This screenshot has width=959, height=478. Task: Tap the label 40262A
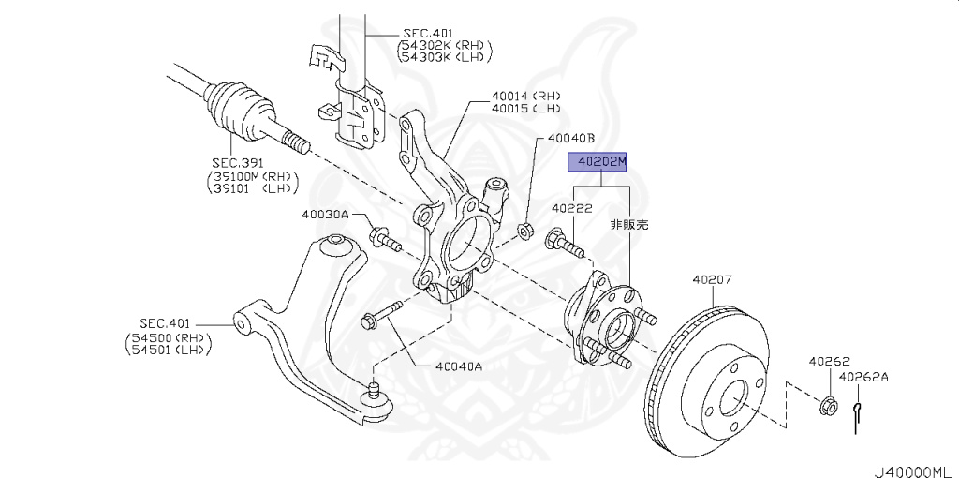click(x=863, y=378)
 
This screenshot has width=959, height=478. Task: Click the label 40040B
click(x=571, y=139)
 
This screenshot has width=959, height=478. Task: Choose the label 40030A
click(x=325, y=215)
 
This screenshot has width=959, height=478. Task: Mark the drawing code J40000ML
click(x=914, y=465)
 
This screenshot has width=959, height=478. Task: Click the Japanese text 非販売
click(x=629, y=225)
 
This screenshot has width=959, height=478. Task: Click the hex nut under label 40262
click(x=827, y=406)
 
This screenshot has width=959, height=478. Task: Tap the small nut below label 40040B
click(x=526, y=229)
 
